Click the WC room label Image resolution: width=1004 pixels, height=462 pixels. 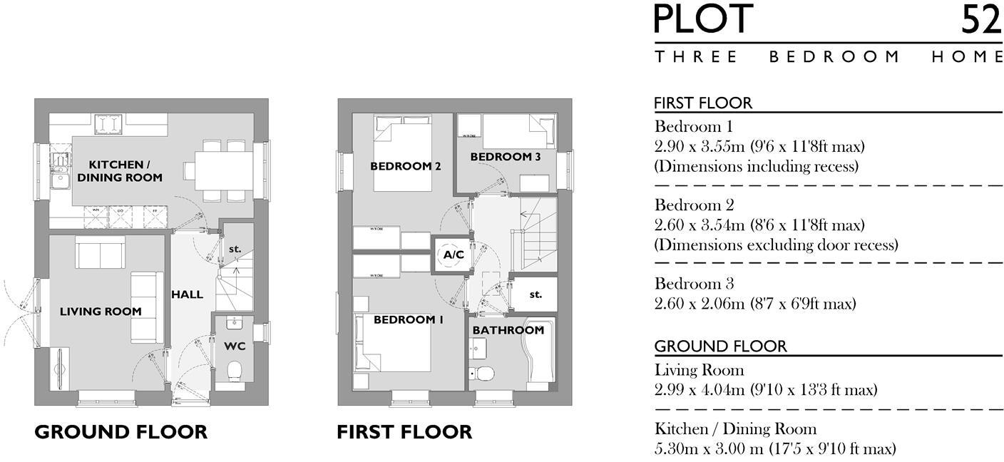(x=235, y=346)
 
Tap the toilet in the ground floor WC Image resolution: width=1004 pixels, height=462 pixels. (x=234, y=371)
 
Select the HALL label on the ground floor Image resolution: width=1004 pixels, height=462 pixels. (x=187, y=294)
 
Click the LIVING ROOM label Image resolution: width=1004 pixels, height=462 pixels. (x=101, y=312)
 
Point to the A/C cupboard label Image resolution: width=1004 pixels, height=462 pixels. (x=454, y=255)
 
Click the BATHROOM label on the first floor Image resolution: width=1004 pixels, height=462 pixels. (x=508, y=330)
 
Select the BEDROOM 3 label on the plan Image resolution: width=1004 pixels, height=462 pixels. (x=505, y=156)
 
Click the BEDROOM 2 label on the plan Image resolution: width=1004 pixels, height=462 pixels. (x=405, y=166)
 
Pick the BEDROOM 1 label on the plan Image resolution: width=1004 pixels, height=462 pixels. (x=408, y=320)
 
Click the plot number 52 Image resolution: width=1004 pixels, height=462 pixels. (x=980, y=19)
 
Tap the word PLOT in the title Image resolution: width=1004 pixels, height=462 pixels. (x=704, y=19)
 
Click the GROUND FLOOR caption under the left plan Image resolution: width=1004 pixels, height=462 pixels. (x=121, y=432)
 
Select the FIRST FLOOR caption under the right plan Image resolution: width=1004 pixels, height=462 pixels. (x=404, y=432)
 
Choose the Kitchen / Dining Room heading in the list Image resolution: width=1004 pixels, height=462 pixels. (x=735, y=429)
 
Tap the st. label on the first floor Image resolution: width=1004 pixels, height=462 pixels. (x=536, y=294)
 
